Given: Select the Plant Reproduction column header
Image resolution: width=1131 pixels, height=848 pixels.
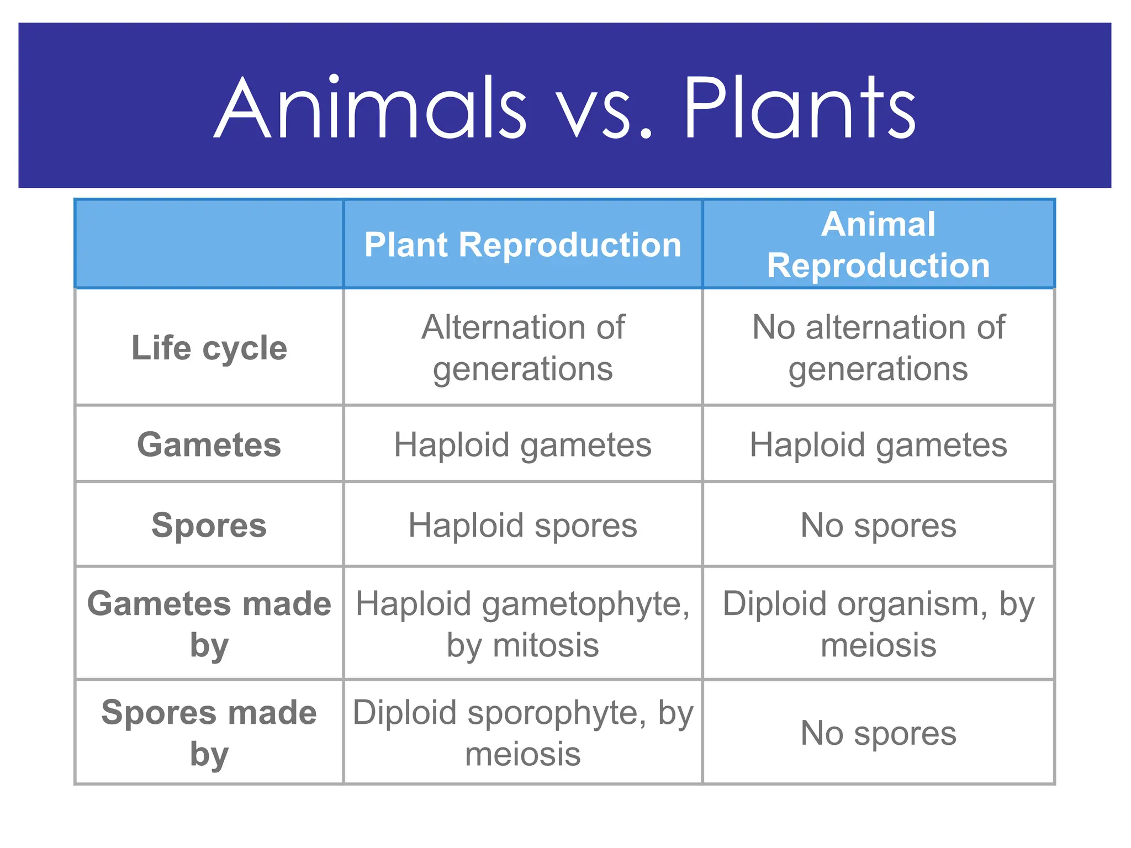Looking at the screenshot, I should pos(522,245).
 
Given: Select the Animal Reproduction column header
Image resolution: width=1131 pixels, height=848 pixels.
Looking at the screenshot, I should pos(878,245).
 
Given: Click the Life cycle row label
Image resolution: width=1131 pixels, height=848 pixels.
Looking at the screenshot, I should pos(209,348).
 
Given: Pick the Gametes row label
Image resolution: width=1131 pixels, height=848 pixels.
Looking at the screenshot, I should pos(209,444).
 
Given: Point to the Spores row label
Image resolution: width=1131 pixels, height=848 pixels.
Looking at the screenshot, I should pos(209,524).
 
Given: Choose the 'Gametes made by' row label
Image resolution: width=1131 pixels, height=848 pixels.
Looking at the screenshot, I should pos(209,624).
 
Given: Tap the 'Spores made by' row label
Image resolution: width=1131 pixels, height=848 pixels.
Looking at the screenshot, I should pos(209,733).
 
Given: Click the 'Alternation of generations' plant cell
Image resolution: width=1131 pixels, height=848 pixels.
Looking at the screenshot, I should pos(522,348).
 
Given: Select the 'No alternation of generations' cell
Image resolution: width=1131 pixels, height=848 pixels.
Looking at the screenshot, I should pos(878,348).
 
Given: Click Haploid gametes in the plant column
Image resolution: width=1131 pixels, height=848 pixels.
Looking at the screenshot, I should pos(522,444).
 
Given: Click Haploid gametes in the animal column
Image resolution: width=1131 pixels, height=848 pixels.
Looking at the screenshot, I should pos(878,444).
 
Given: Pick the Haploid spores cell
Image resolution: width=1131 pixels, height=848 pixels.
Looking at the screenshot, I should pos(522,524).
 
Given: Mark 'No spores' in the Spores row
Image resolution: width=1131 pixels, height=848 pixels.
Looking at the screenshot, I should pos(878,524).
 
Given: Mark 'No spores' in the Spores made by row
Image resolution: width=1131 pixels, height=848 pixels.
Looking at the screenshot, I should pos(878,733).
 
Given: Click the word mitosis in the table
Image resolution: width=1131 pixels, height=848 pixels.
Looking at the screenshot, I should pos(545,645).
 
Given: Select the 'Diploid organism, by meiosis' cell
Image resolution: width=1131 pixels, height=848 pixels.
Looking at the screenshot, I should pos(878,624).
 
